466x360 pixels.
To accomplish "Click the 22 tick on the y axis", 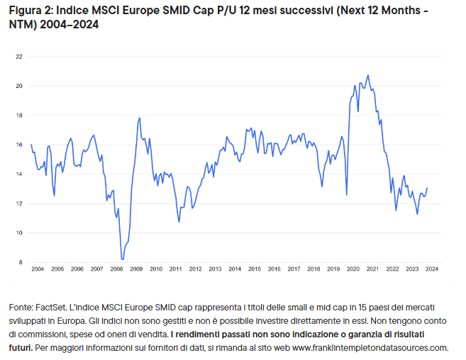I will pos(19,56).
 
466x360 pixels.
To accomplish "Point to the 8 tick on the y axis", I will pos(21,262).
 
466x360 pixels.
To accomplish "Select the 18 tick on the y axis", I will pos(19,115).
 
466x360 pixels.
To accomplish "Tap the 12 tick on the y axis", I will pos(19,203).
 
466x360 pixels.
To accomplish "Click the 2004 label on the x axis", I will pos(38,269).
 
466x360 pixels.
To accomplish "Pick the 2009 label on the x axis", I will pos(136,269).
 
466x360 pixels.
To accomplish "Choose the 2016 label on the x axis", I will pos(274,269).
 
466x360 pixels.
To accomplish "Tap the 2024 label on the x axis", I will pos(431,269).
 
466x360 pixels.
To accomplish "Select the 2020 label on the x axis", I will pos(353,269).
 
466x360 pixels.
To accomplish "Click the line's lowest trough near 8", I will pos(123,259).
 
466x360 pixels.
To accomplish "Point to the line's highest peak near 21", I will pos(367,75).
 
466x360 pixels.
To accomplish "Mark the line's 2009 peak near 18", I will pos(140,118).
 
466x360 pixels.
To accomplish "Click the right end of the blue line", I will pos(427,189).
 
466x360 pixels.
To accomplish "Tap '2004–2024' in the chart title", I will pos(72,25).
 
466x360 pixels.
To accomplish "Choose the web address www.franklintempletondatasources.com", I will pos(370,347).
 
